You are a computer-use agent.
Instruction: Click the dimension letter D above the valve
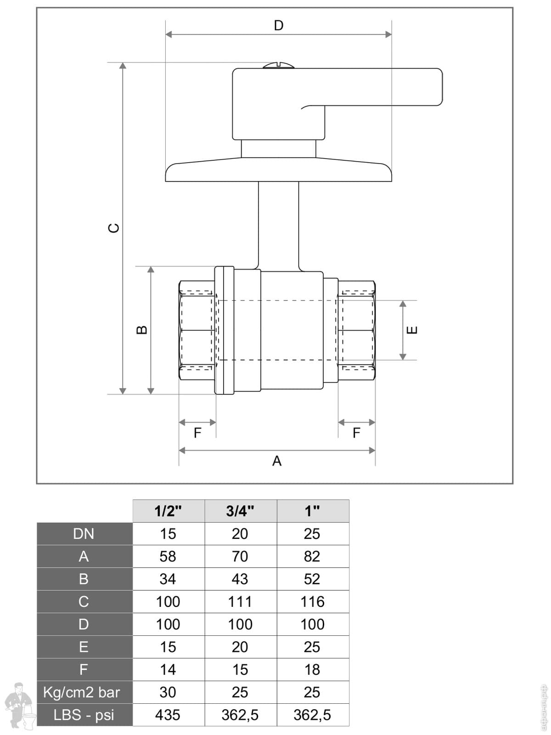[278, 25]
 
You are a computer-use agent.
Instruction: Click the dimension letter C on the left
[113, 228]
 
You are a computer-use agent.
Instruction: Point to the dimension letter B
[142, 330]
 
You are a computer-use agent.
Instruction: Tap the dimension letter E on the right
[412, 330]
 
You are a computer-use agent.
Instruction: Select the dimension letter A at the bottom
[276, 461]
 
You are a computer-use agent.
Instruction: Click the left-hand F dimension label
[197, 433]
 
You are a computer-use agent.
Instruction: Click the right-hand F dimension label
[356, 433]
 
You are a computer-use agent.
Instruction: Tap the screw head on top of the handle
[279, 66]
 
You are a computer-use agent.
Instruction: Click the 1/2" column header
[168, 511]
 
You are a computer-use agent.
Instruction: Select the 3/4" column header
[240, 511]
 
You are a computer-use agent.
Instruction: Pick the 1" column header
[312, 511]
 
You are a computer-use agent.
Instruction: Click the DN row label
[84, 534]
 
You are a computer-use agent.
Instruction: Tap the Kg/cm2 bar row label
[82, 692]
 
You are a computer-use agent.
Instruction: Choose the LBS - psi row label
[84, 715]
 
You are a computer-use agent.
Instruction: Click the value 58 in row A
[168, 556]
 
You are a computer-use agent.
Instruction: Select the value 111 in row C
[240, 602]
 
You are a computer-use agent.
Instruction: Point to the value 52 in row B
[312, 579]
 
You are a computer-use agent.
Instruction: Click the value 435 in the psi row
[168, 715]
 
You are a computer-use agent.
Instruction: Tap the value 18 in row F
[312, 670]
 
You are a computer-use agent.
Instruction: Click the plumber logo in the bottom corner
[19, 706]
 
